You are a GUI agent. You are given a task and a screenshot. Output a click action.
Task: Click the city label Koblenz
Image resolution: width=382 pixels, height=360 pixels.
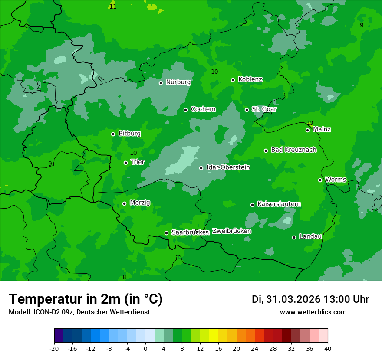point(250,79)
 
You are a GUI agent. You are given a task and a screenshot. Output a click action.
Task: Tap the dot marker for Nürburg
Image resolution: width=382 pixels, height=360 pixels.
point(161,83)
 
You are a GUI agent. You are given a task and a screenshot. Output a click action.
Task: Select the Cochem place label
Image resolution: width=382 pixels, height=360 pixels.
point(203,109)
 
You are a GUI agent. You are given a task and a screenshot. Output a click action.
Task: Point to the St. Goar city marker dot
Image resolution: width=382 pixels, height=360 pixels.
point(247,110)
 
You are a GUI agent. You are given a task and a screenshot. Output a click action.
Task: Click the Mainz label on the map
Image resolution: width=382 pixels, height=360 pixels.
point(322,130)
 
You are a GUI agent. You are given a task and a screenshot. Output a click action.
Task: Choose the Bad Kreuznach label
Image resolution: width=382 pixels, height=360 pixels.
point(293,150)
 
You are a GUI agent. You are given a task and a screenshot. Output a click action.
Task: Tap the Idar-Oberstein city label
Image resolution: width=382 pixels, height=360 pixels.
point(228,167)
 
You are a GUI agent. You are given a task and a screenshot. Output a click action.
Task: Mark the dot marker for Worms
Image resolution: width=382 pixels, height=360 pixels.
point(320,180)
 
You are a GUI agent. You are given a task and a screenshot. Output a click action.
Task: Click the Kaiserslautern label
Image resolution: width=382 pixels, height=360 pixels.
point(279,204)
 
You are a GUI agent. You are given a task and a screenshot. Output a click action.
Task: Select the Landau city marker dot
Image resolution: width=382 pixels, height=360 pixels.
point(294,237)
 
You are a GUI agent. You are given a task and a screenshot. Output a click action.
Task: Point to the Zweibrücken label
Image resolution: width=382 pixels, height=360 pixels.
point(231,231)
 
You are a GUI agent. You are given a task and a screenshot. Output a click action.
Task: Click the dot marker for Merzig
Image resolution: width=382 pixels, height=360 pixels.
point(124,203)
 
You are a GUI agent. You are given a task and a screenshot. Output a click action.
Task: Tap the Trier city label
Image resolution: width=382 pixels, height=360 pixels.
point(137,162)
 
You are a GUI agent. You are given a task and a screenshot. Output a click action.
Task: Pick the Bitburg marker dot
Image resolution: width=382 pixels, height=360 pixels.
point(113,134)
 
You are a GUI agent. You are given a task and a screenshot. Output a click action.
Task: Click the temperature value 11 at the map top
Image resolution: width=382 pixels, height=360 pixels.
point(113,7)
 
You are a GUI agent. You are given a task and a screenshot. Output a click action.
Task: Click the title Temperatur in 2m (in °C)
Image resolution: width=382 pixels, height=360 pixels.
point(86,299)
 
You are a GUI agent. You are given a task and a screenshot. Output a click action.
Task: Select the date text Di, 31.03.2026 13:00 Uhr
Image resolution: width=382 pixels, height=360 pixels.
point(310,299)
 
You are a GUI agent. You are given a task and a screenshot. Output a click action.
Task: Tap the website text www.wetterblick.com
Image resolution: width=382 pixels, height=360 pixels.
point(313,312)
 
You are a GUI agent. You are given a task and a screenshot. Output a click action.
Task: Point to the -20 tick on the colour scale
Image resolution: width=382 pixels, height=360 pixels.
point(54,349)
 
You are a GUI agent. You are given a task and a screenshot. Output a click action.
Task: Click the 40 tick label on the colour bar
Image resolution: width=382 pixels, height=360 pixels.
point(328,349)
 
